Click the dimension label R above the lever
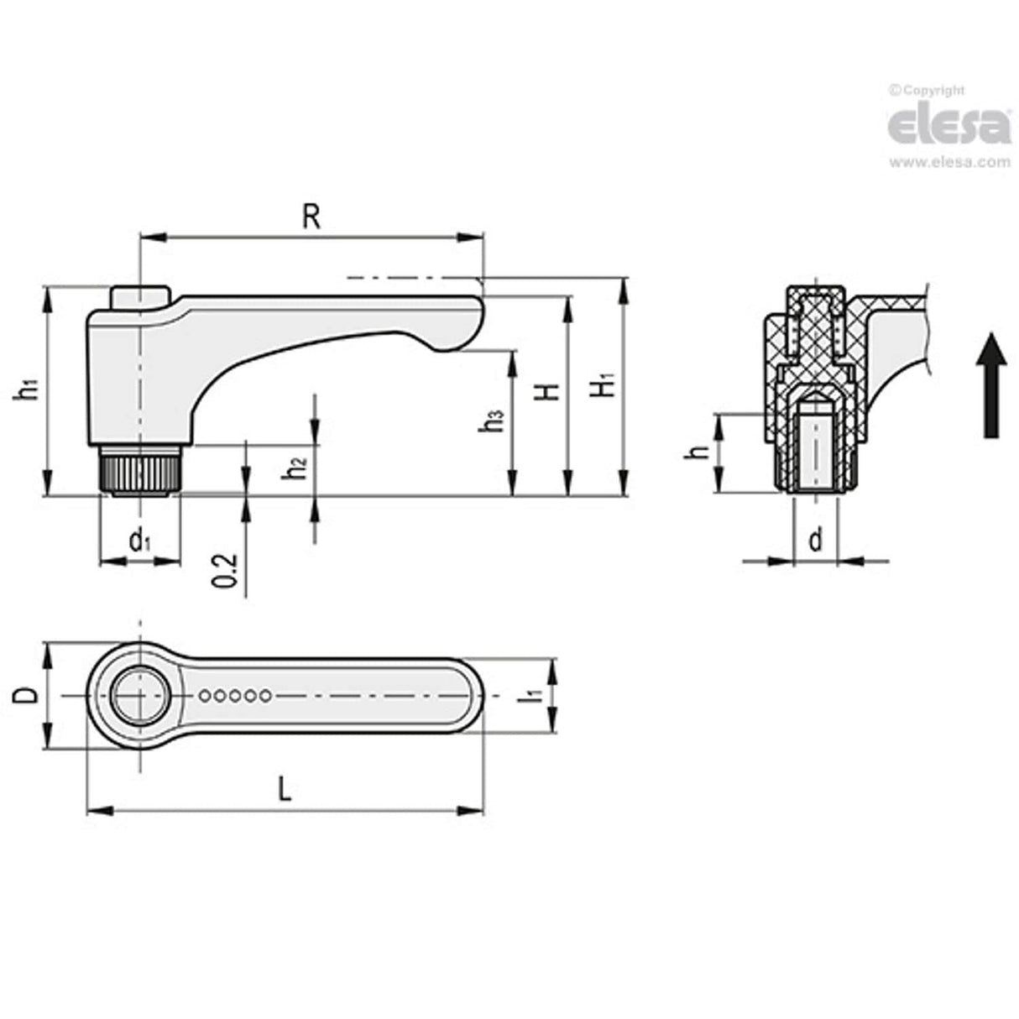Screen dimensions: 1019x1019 [311, 217]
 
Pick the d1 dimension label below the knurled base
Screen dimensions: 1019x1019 [139, 541]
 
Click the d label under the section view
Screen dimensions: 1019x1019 [815, 541]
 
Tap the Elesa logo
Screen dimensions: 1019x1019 [949, 126]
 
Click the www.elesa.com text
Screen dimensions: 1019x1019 [949, 163]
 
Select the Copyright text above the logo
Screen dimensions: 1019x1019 [928, 91]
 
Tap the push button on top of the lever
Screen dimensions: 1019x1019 [139, 296]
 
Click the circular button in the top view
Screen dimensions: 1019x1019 [140, 696]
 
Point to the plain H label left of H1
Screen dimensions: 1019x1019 [548, 391]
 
